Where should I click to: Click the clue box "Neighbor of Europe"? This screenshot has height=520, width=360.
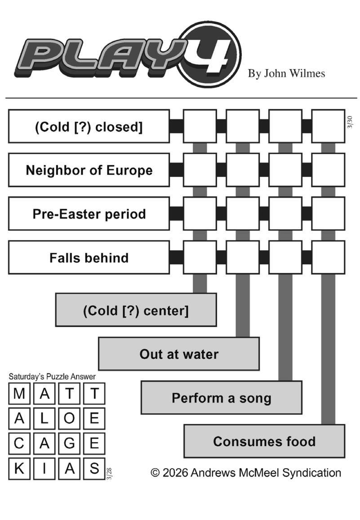89,170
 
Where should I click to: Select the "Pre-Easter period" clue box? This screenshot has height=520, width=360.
89,214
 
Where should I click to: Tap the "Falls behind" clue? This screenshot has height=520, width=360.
89,257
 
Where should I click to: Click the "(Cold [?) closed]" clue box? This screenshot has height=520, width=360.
89,126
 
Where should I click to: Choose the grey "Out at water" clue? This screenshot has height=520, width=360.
179,354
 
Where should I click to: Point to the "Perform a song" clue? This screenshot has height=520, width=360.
221,398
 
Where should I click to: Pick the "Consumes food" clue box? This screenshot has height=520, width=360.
264,441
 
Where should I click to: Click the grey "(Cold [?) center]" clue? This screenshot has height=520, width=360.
136,310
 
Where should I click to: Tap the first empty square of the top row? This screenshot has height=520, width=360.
200,126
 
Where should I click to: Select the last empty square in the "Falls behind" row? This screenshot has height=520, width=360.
328,257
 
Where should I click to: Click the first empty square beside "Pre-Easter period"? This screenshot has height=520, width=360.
200,214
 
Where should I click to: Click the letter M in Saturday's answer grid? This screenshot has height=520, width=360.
19,394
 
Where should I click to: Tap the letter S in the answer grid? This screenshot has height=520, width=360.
94,469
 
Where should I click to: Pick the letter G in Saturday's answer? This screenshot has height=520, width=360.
69,444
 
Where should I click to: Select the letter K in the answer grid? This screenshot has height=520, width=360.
19,469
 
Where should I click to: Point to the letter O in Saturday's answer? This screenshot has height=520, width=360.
69,419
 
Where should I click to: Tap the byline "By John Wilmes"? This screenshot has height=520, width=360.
286,73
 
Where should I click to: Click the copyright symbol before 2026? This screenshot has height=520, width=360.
156,473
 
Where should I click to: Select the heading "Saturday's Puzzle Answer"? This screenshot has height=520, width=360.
52,377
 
